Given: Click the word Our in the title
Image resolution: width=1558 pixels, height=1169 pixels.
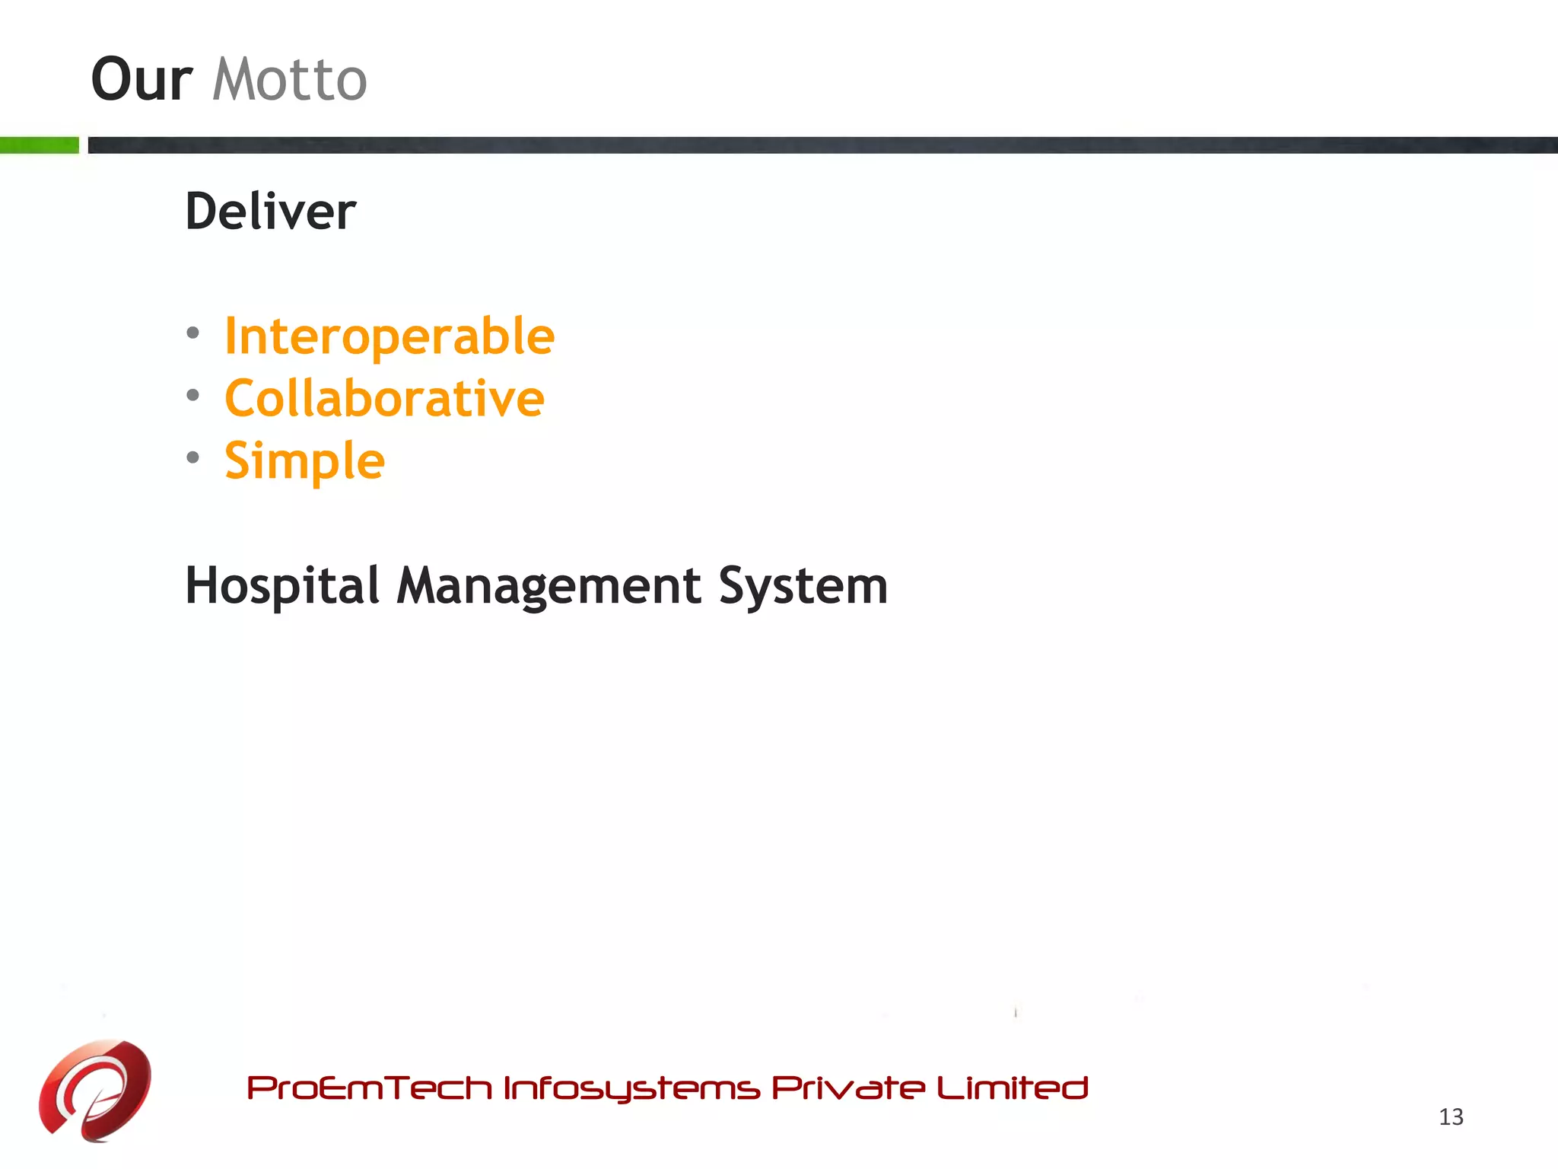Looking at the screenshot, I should [141, 80].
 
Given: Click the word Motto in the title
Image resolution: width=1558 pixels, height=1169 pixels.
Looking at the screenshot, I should [290, 80].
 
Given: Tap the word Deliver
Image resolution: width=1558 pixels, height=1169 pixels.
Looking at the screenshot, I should [271, 212].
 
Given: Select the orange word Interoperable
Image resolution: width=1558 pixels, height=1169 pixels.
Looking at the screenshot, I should [389, 336].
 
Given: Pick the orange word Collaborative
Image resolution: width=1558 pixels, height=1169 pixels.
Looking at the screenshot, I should [384, 399].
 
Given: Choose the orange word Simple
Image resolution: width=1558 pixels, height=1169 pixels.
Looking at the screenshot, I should [304, 461].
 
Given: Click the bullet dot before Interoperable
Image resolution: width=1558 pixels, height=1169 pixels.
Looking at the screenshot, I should [193, 333].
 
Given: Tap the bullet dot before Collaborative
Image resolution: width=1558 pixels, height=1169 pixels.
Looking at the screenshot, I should [193, 395].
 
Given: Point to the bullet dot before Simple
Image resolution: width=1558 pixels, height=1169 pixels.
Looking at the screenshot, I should [193, 457].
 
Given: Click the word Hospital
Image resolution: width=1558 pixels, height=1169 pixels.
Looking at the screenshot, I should [282, 586].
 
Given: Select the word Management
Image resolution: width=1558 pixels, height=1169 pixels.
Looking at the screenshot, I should [548, 586].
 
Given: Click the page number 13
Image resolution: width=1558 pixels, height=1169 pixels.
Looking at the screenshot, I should [1451, 1116].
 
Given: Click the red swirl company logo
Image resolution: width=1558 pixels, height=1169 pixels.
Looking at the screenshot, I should [95, 1090].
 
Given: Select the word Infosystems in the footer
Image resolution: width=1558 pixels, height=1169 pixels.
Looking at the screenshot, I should [631, 1088].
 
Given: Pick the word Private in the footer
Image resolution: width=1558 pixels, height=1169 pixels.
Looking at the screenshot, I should [848, 1088].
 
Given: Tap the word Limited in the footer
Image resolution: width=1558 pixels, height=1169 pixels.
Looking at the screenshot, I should [1013, 1088].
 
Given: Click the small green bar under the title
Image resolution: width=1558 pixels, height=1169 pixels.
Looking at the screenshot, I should [40, 145].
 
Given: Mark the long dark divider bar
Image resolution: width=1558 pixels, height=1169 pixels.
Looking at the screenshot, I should [822, 145].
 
